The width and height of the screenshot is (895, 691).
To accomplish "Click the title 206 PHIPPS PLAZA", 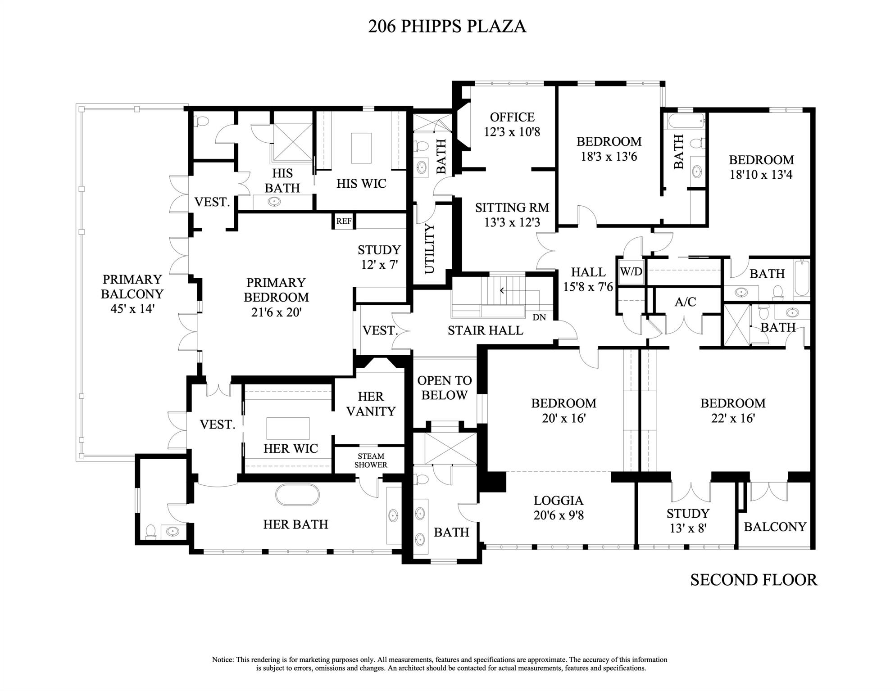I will (x=447, y=26).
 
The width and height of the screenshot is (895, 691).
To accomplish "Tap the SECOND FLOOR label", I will (x=754, y=580).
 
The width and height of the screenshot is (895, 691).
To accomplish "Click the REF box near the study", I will (x=344, y=221).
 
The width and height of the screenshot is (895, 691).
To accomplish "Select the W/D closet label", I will (x=631, y=272).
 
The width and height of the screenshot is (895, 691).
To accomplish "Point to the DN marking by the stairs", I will (x=539, y=317).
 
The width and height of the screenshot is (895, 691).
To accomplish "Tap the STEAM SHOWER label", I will (x=371, y=461).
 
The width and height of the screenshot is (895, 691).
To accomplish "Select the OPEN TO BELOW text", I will (x=444, y=388).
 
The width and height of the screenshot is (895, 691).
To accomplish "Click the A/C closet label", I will (x=685, y=302).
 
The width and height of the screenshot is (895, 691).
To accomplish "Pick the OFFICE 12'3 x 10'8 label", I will (x=512, y=124).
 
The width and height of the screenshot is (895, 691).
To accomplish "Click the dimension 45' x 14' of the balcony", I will (x=132, y=309).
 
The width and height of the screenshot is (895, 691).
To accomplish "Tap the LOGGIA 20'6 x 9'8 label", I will (x=559, y=507).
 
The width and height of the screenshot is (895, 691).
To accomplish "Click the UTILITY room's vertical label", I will (x=430, y=248).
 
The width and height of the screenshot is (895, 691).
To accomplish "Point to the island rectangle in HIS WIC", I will (x=361, y=148).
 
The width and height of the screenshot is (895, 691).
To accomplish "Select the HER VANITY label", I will (x=371, y=404).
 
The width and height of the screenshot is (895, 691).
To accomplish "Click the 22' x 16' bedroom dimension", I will (x=733, y=418).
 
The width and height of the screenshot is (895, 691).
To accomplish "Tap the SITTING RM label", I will (x=512, y=208).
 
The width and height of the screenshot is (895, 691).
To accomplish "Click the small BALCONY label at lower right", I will (x=775, y=527).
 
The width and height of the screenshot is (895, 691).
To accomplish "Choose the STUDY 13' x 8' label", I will (x=688, y=520).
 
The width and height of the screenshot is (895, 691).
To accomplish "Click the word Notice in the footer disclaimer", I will (x=223, y=659).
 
